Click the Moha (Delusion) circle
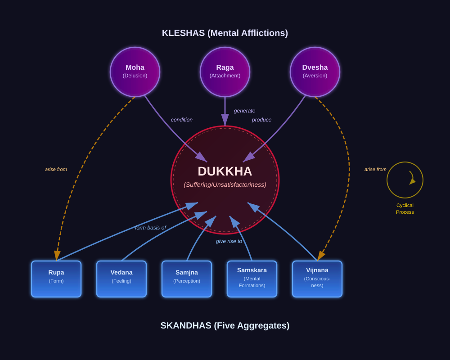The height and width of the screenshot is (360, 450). click(x=135, y=72)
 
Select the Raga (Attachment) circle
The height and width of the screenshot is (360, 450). click(x=225, y=72)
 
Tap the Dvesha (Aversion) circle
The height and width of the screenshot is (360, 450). click(x=315, y=72)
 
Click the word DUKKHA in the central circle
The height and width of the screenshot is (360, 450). click(x=225, y=171)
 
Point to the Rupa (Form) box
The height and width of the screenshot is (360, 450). click(x=56, y=279)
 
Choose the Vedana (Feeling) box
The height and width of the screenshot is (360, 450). click(x=121, y=279)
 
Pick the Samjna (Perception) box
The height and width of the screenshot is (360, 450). click(x=187, y=279)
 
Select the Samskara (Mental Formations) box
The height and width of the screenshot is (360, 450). click(x=252, y=279)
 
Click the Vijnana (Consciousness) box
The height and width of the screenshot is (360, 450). click(x=317, y=279)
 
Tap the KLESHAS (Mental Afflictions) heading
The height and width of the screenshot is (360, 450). click(x=225, y=33)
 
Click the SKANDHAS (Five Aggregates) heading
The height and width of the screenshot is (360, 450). click(x=225, y=325)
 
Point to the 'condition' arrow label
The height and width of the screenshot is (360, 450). click(x=182, y=120)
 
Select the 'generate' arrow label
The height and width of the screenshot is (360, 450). click(x=244, y=111)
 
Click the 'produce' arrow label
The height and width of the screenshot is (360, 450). click(x=261, y=120)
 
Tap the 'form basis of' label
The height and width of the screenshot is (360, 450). click(x=150, y=228)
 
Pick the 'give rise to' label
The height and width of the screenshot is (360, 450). click(x=229, y=241)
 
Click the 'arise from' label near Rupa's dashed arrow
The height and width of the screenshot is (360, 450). click(x=56, y=170)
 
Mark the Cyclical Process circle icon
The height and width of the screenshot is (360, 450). click(x=405, y=180)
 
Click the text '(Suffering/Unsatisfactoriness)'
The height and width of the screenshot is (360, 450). click(x=225, y=184)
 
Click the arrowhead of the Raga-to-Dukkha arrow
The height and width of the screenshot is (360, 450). click(x=225, y=120)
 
